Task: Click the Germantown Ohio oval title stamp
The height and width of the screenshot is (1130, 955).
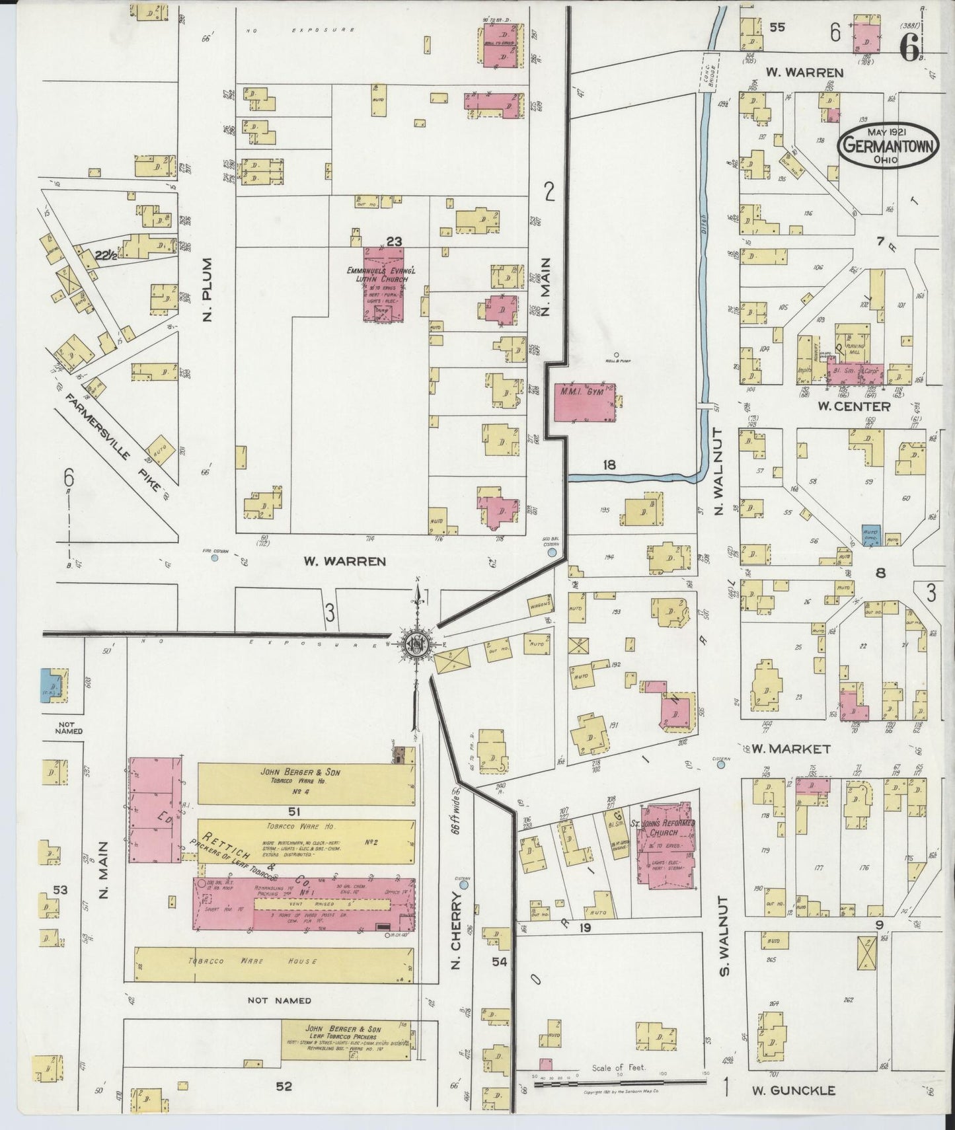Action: point(888,146)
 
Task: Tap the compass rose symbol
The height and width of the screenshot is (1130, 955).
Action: point(417,643)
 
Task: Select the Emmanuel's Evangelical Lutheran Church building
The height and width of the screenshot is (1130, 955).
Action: point(385,285)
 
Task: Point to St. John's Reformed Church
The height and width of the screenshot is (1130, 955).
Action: point(666,845)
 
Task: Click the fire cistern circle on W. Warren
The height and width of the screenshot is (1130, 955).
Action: point(214,558)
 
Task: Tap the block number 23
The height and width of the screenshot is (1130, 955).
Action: point(394,242)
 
